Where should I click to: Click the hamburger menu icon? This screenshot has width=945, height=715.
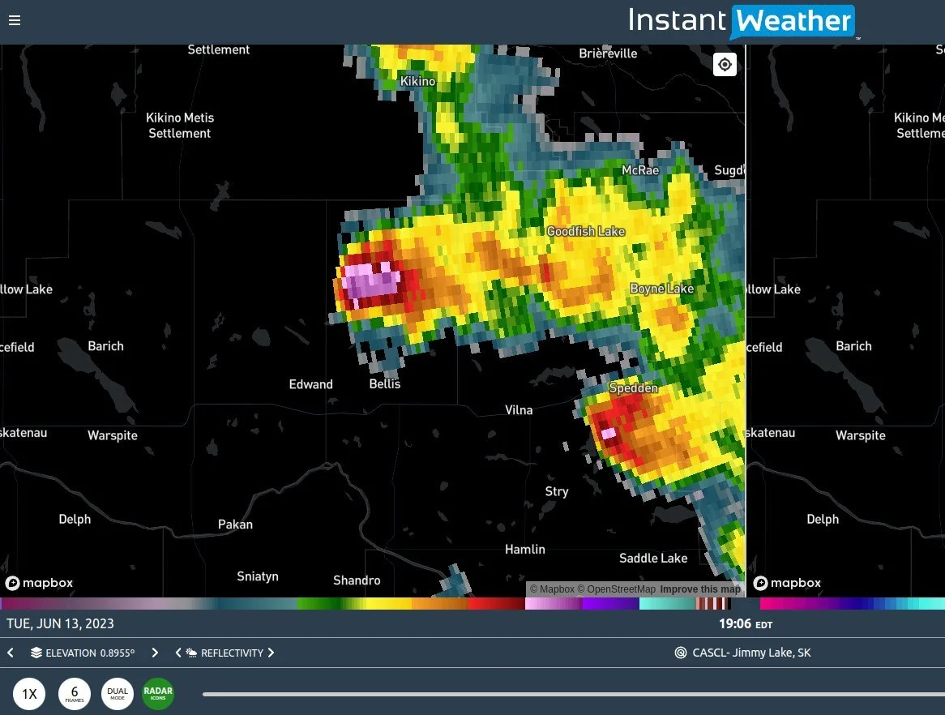15,21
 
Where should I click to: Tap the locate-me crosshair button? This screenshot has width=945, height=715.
725,65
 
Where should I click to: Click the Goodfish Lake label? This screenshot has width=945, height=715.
586,232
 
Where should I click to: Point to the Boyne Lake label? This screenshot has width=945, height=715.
662,289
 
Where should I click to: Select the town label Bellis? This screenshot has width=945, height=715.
385,383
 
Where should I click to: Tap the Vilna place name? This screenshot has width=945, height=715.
519,410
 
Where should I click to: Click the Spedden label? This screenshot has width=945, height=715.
633,388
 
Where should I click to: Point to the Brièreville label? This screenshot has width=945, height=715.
608,54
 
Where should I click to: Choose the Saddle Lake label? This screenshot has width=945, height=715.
653,558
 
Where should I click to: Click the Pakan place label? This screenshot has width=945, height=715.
235,524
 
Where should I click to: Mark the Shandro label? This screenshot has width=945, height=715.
357,580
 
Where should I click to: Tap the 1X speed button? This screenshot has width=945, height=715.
29,694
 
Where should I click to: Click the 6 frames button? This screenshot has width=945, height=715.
75,694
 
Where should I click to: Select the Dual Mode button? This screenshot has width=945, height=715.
118,694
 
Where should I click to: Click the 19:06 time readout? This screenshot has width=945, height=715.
735,624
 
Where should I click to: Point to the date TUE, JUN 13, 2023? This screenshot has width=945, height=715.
61,624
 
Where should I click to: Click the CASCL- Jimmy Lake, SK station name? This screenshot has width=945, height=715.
751,653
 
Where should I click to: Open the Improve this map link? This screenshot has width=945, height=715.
700,589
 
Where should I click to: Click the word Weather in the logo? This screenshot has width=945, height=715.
792,21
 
